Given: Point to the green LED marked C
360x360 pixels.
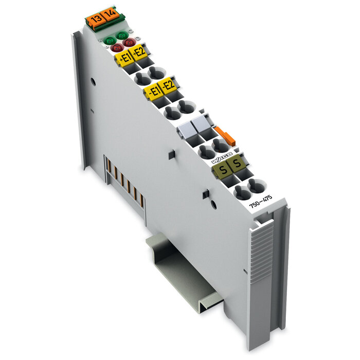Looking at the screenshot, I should click(122, 35).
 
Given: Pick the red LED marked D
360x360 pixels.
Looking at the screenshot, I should click(130, 43).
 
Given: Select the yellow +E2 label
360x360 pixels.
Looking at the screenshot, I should click(139, 52).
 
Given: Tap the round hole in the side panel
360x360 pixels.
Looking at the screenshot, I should click(93, 81).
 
